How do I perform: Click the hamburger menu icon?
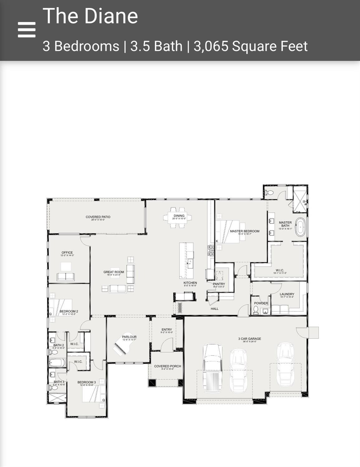(x=26, y=30)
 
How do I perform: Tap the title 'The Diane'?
(x=90, y=16)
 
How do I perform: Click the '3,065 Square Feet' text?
(x=251, y=46)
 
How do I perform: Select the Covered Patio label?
(x=98, y=217)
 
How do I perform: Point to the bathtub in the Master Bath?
(x=300, y=227)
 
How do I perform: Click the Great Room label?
(x=114, y=272)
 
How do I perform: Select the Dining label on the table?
(x=179, y=216)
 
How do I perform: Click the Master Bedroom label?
(x=245, y=231)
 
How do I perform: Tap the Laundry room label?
(x=287, y=294)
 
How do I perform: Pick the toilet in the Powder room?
(x=256, y=310)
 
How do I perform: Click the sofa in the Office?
(x=66, y=277)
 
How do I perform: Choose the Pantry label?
(x=219, y=284)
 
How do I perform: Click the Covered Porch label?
(x=167, y=366)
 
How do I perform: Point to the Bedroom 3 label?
(x=87, y=382)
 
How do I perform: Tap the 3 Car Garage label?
(x=250, y=339)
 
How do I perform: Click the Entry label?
(x=167, y=330)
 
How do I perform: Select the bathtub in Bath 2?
(x=57, y=363)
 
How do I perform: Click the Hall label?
(x=214, y=309)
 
